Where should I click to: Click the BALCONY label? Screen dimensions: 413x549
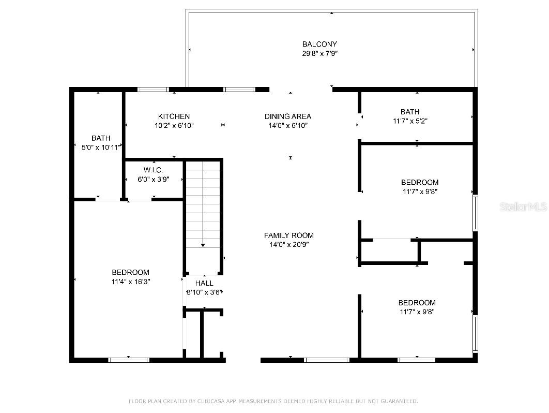[319, 44]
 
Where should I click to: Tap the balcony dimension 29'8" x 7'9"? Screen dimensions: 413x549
[319, 53]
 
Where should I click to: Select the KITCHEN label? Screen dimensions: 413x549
[174, 116]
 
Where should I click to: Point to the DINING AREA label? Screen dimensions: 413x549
[288, 116]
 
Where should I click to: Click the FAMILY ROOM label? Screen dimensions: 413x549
[288, 235]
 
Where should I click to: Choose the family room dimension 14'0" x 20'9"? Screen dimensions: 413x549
[288, 244]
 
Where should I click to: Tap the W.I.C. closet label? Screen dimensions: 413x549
[153, 170]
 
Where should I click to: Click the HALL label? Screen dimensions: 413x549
[204, 283]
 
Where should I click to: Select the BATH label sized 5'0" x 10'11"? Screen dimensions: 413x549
[101, 138]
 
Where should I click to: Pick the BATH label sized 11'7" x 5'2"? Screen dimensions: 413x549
[409, 112]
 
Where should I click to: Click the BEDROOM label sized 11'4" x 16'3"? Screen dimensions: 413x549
[130, 272]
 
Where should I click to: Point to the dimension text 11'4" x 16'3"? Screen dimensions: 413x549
[130, 282]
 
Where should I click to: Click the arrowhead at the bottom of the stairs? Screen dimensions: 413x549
[203, 245]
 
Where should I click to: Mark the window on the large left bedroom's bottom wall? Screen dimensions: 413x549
[129, 360]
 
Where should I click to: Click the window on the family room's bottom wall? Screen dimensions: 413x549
[327, 360]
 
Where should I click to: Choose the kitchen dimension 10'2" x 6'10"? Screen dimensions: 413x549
[174, 125]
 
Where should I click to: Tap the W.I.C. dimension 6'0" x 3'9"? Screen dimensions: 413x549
[153, 179]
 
